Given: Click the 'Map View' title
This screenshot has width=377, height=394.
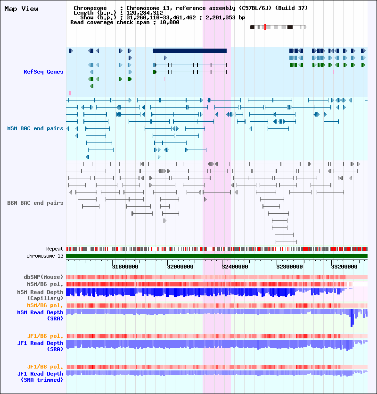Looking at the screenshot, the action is click(21, 9).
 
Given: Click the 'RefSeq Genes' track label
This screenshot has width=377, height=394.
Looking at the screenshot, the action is click(43, 72).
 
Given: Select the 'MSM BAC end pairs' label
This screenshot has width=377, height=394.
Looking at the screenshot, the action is click(35, 128).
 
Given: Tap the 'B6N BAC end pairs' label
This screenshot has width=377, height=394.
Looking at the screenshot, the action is click(35, 203).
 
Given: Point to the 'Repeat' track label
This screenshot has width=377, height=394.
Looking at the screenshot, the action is click(55, 249).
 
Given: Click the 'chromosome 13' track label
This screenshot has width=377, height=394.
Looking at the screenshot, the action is click(45, 256).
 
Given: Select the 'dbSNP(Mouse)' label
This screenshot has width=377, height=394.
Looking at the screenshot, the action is click(43, 277).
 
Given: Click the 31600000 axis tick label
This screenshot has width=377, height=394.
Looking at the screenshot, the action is click(125, 267).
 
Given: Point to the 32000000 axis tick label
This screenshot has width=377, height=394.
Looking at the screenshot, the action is click(180, 267).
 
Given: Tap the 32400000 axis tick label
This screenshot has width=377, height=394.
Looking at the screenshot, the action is click(235, 267).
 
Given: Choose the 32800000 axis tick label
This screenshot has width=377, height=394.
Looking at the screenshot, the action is click(290, 267).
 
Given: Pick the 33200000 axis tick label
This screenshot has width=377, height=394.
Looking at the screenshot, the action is click(344, 267).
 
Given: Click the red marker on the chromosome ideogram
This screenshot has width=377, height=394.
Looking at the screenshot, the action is click(265, 27).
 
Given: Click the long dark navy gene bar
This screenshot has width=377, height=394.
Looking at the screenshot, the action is click(190, 51).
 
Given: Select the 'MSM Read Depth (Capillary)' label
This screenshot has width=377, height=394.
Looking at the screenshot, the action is click(40, 295).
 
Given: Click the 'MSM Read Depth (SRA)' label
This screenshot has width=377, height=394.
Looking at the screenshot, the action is click(40, 315).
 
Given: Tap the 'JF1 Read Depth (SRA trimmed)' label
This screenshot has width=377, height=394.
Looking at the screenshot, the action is click(40, 377).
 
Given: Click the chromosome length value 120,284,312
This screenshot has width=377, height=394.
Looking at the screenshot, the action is click(144, 13).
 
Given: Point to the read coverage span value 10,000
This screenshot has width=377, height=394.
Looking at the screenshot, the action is click(169, 22).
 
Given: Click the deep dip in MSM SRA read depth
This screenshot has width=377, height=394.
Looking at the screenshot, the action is click(352, 318).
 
